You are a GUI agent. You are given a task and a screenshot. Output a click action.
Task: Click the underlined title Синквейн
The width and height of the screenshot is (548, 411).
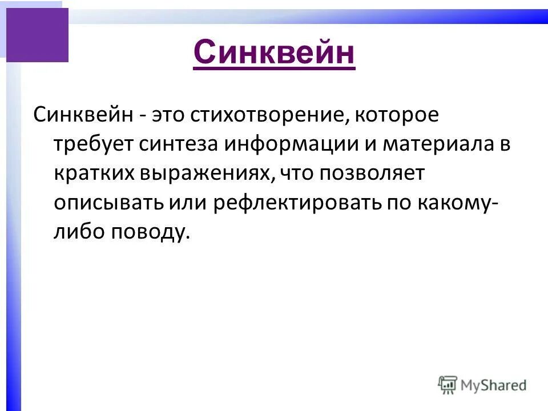[x=274, y=54]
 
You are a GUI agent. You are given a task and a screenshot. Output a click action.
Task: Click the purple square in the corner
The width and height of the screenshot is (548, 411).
[x=37, y=35]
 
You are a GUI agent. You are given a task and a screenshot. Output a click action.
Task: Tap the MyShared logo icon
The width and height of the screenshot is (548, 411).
[x=448, y=385]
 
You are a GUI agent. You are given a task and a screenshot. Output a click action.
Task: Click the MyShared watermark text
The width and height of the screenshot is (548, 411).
[x=494, y=385]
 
